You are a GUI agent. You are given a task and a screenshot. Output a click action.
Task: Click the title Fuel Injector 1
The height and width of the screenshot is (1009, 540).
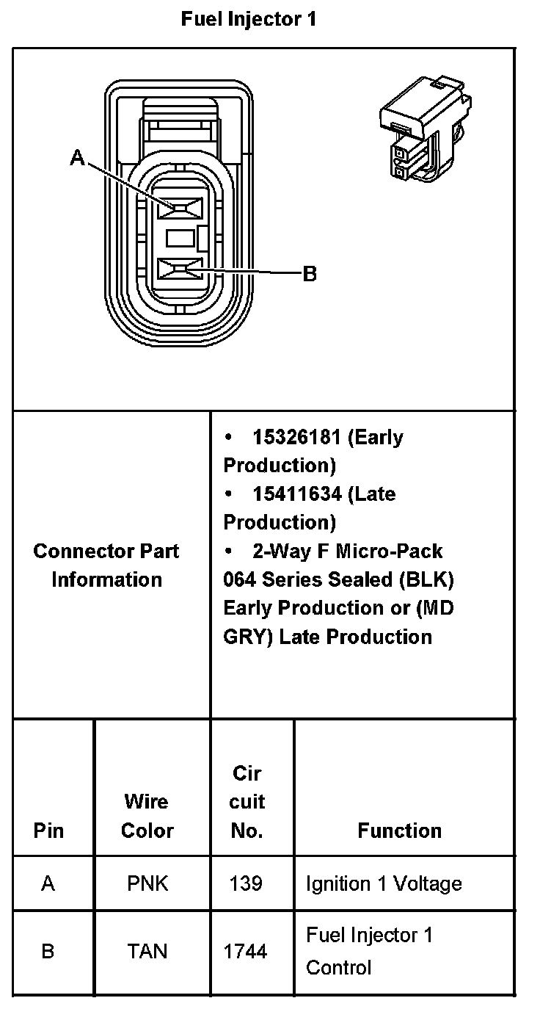coord(249,19)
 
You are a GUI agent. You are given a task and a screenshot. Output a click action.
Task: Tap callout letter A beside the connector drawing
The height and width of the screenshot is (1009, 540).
coord(77,158)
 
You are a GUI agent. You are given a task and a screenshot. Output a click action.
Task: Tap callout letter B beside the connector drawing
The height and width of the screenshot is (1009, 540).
coord(310,273)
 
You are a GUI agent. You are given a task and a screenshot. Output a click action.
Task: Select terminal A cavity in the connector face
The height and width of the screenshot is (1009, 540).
coord(180,208)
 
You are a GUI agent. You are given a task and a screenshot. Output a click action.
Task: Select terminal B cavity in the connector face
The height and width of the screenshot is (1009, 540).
coord(180,270)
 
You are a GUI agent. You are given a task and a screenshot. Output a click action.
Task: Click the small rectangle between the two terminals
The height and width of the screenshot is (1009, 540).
coord(180,238)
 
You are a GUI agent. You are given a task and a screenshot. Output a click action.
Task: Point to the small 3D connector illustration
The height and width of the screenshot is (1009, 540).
coord(425,129)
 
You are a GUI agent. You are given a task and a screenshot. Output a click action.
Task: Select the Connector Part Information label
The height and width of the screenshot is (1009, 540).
coord(106,565)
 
